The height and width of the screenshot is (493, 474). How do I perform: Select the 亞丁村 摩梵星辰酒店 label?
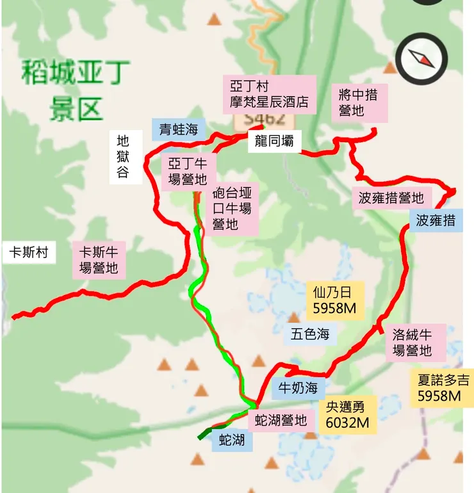tap(269, 94)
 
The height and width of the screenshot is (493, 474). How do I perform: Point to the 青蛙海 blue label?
tap(179, 130)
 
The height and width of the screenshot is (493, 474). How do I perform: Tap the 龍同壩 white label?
tap(274, 142)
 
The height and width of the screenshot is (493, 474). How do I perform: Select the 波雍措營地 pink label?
tap(391, 198)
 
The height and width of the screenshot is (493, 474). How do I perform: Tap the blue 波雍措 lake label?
tap(436, 221)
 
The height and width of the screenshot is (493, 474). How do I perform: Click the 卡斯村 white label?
tap(28, 252)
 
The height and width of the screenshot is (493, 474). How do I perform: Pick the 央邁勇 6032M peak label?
tap(347, 414)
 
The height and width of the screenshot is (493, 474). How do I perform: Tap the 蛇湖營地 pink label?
tap(281, 421)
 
